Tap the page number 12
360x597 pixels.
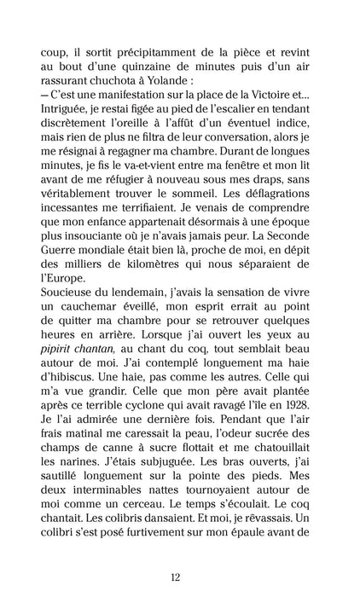coord(180,577)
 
